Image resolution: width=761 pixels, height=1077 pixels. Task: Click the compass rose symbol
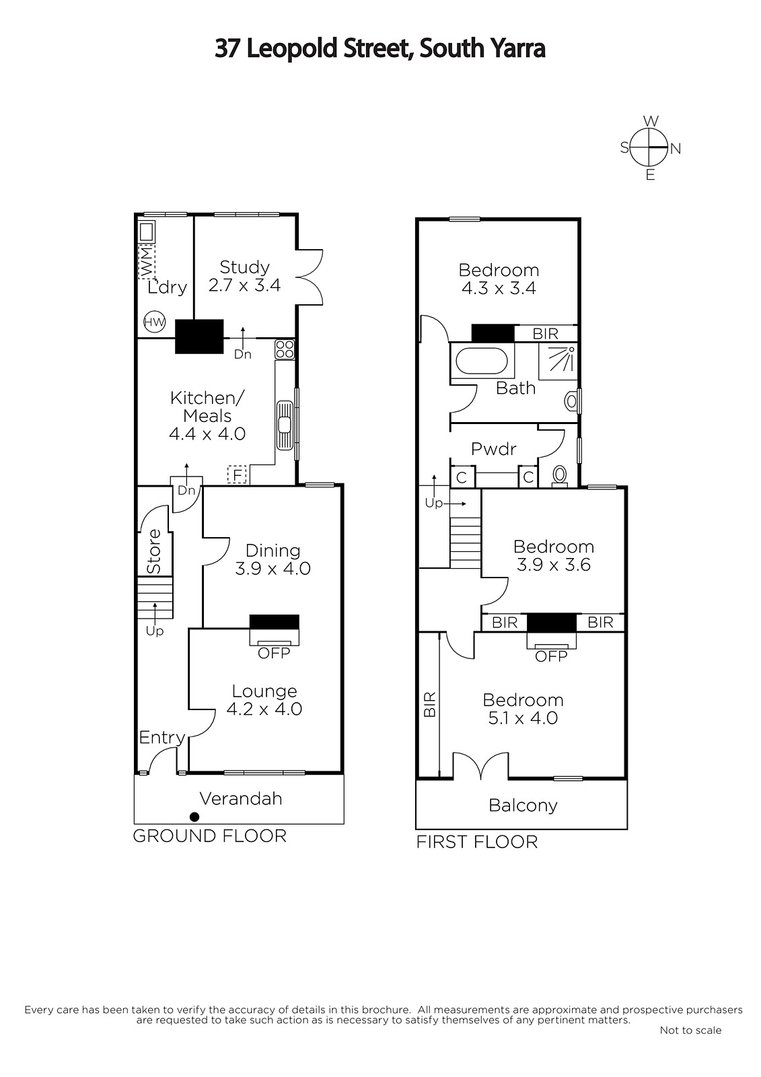tap(650, 147)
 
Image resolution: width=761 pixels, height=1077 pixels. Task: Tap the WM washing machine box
tap(147, 261)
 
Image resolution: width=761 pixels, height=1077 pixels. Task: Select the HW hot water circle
tap(154, 322)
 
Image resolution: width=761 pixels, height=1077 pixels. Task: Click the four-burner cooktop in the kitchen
tap(285, 349)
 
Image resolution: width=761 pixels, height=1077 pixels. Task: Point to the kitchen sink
tap(285, 425)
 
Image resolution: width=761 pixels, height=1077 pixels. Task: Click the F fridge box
tap(237, 475)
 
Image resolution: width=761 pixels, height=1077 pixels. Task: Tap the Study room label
tap(244, 267)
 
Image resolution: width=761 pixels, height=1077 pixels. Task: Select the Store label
tap(154, 551)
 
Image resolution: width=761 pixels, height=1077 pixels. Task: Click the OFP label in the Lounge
tap(274, 653)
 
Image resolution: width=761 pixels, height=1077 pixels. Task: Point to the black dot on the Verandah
tap(194, 817)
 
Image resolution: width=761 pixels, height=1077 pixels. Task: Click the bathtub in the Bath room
tap(481, 361)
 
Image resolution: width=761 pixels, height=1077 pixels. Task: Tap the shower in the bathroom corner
tap(558, 358)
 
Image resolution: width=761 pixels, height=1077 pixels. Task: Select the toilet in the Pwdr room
tap(560, 477)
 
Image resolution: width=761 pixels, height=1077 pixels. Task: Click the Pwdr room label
tap(494, 449)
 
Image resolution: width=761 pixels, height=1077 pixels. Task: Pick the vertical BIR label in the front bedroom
tap(430, 705)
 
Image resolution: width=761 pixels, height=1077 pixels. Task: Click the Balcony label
tap(523, 806)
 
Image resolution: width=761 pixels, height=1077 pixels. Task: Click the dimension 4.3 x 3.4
tap(499, 288)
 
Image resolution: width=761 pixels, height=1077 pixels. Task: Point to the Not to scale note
tap(690, 1031)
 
